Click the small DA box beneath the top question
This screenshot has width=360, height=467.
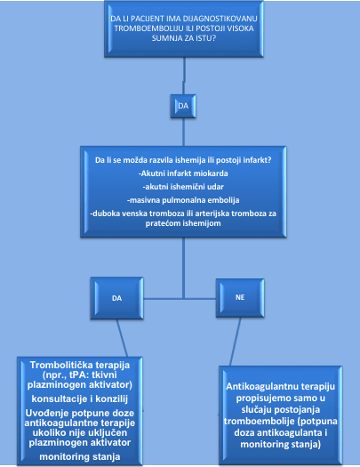[183, 106]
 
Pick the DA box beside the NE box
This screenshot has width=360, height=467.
[117, 298]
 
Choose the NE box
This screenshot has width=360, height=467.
[240, 297]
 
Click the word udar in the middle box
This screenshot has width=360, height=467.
[216, 187]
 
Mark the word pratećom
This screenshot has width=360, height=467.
[160, 223]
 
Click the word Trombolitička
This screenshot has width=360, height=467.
[63, 365]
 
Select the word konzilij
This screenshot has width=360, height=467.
[110, 399]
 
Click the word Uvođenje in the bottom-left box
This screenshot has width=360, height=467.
[46, 413]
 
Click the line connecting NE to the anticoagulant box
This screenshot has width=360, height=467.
[236, 342]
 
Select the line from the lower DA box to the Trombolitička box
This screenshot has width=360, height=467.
[122, 338]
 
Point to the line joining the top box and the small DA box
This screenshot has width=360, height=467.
[184, 76]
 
